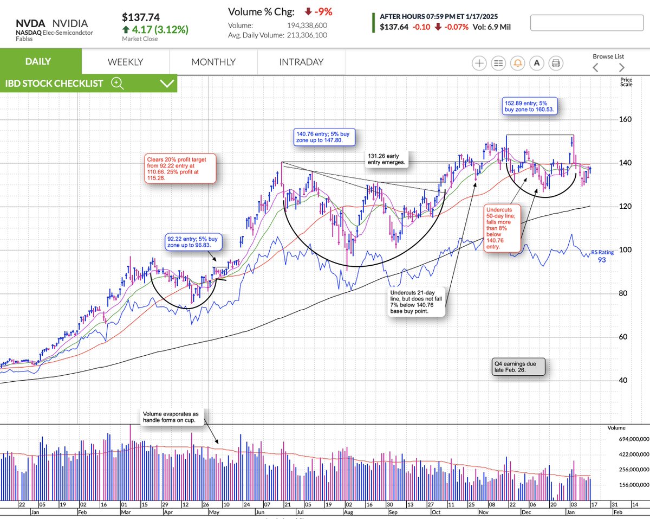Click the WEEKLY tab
pos(125,62)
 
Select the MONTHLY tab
pos(213,62)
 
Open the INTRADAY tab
pos(301,62)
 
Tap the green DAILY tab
pos(38,61)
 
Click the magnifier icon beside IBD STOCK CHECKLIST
pos(118,83)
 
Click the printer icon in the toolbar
pos(555,63)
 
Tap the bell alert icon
pos(517,63)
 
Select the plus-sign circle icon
pos(479,63)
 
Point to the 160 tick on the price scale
pos(626,119)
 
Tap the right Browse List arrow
pos(621,67)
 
